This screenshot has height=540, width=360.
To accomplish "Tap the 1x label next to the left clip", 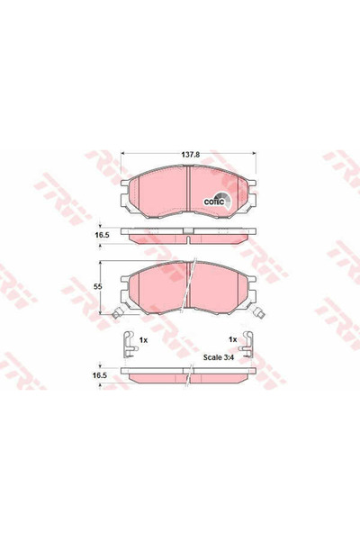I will click(143, 339).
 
